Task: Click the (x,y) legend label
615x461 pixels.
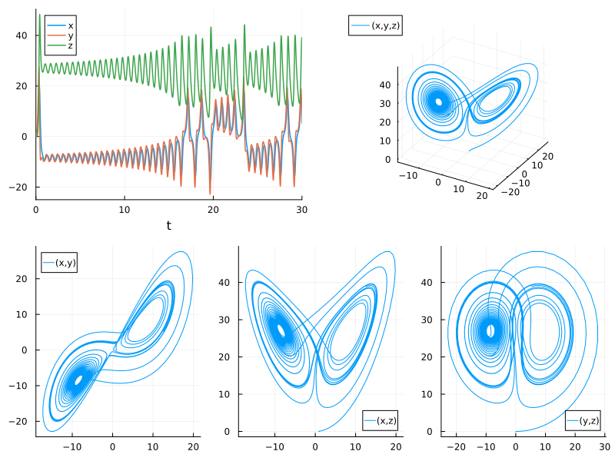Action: click(x=68, y=262)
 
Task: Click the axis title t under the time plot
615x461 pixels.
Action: click(x=168, y=226)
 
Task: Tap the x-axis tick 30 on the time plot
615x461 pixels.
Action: click(x=301, y=209)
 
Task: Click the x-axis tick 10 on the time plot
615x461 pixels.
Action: click(x=125, y=209)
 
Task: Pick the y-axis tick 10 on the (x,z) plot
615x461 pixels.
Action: click(x=228, y=394)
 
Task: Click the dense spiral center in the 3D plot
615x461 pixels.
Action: click(x=438, y=101)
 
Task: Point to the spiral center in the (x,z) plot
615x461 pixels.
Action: click(x=281, y=330)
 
